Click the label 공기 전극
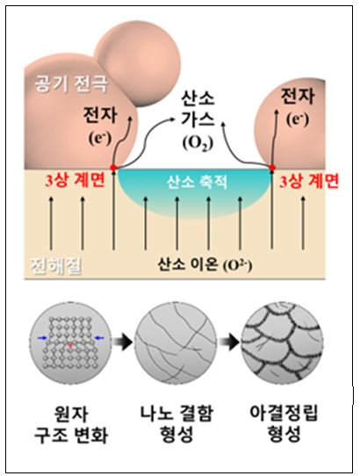pos(71,83)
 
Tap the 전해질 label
pos(56,266)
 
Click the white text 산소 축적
pos(197,182)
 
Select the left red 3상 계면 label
pos(75,180)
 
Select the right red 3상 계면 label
pos(309,181)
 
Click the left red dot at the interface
pos(113,168)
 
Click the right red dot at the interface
pos(272,168)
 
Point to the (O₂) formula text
pos(198,143)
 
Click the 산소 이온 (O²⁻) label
pos(205,264)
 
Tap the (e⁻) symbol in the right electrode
pos(298,119)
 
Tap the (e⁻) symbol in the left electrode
pos(100,138)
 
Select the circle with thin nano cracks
pos(176,343)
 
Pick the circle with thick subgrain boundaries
pos(282,343)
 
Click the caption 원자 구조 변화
pos(71,424)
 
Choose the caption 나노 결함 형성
pos(176,423)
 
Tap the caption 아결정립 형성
pos(284,423)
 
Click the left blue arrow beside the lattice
pos(42,337)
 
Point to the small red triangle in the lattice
pos(70,345)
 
